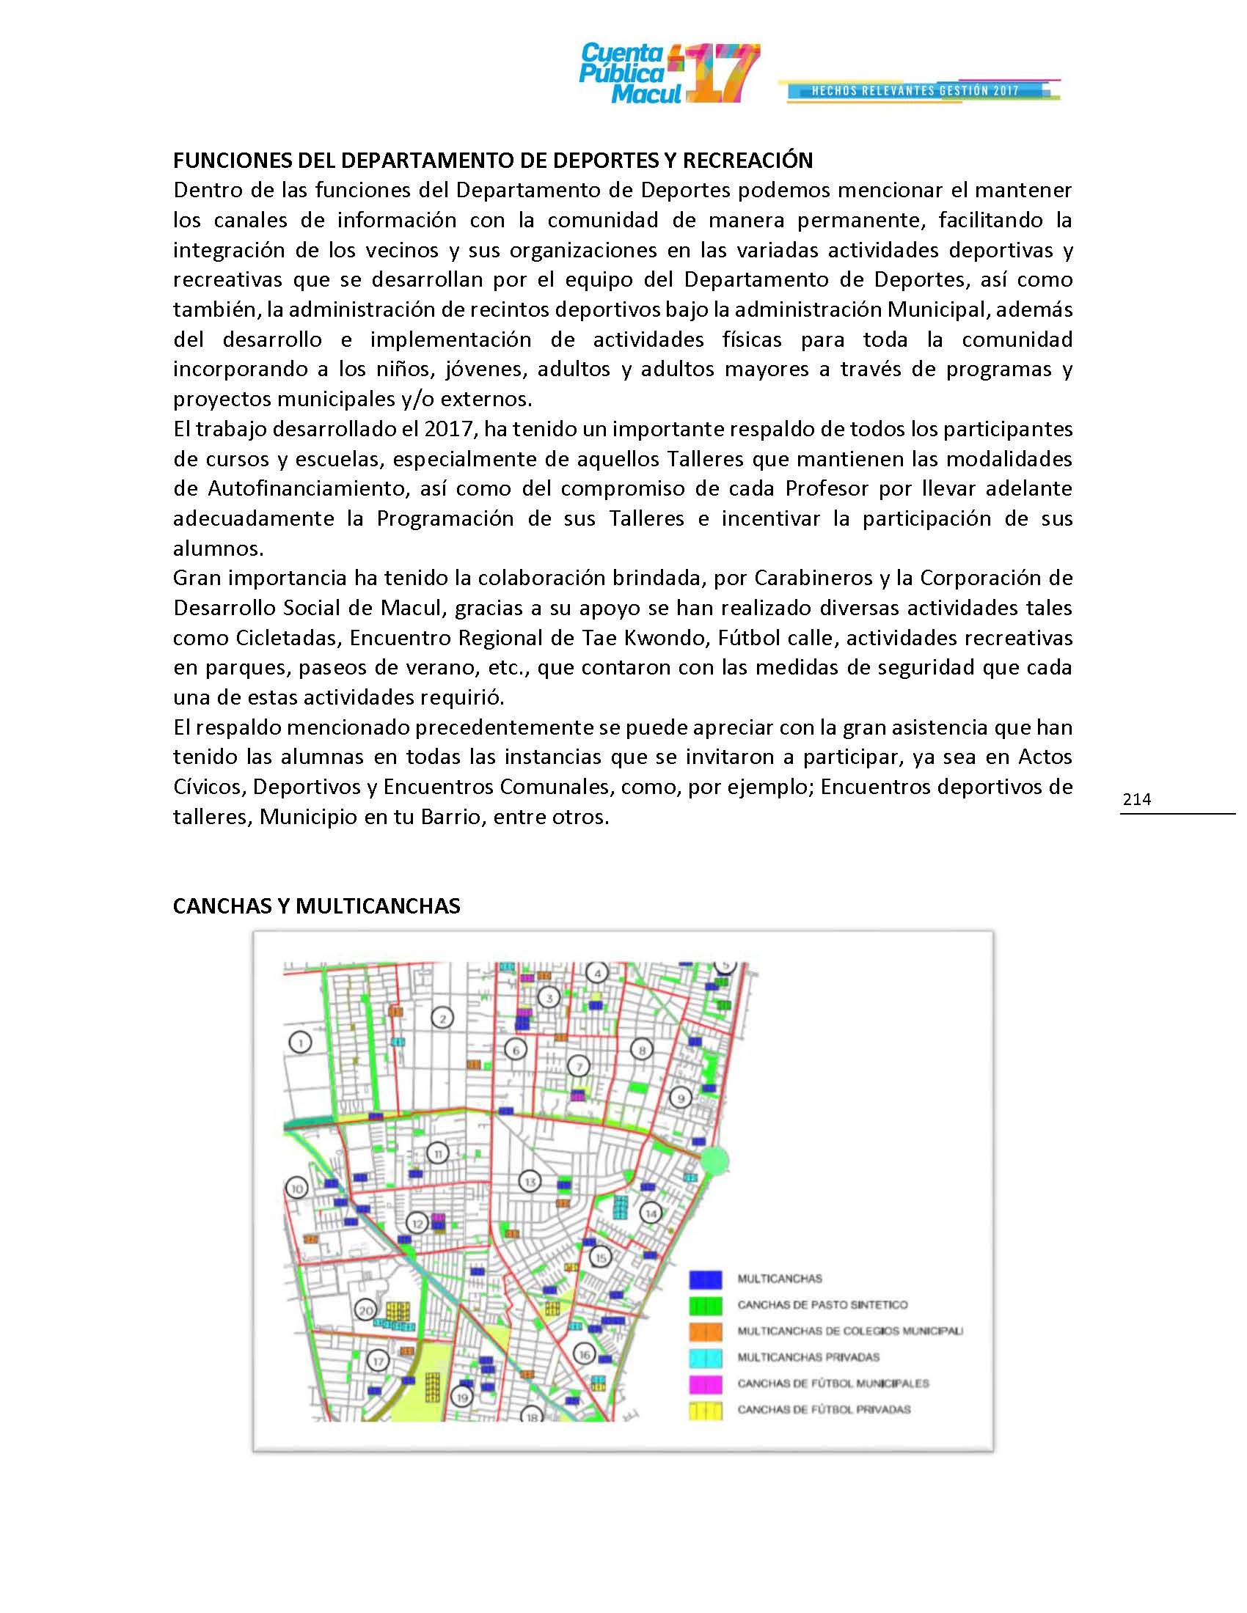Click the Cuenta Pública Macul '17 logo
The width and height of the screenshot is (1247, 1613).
click(668, 74)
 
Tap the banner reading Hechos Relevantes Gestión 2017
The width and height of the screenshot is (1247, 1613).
click(916, 91)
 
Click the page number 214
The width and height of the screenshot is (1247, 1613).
click(1136, 799)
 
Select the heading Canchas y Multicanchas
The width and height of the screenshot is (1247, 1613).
click(316, 906)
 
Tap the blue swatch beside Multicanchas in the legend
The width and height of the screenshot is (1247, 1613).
click(706, 1279)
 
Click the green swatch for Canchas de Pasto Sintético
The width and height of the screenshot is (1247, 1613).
click(706, 1305)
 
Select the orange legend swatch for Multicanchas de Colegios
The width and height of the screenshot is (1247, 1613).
click(706, 1331)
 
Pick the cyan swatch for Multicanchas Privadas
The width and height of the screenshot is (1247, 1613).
click(706, 1357)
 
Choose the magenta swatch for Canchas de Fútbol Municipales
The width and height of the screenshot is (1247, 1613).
click(706, 1384)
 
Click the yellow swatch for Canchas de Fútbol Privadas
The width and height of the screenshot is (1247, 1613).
click(706, 1410)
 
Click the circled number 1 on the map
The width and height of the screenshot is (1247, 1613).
click(300, 1043)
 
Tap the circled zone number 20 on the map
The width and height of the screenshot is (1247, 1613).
click(366, 1311)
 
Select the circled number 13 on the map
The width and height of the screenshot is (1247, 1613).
click(529, 1183)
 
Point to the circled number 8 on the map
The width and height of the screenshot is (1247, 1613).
click(641, 1050)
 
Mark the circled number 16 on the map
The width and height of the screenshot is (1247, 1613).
click(585, 1354)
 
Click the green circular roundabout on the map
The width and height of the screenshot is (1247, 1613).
click(714, 1161)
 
